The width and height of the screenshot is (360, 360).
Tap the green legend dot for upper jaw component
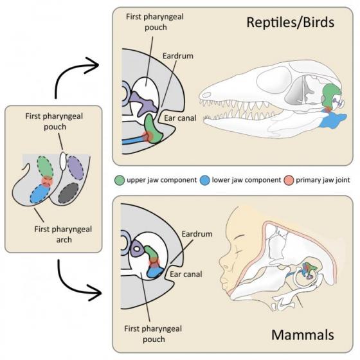pos(118,180)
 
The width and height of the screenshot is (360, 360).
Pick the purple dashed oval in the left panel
pos(73,166)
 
